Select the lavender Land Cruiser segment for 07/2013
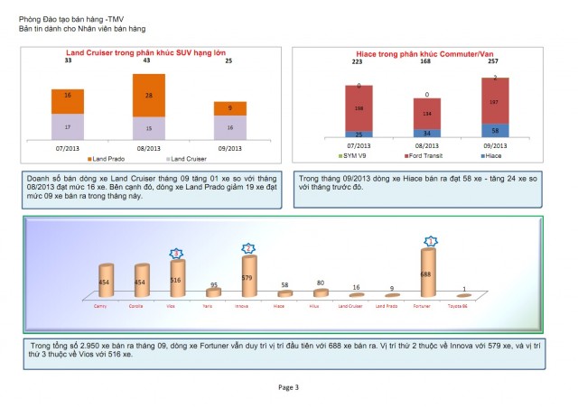(x=69, y=126)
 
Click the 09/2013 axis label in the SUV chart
(x=230, y=147)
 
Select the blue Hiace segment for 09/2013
(x=494, y=130)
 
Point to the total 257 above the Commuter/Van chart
(x=493, y=62)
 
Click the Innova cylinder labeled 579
(x=247, y=276)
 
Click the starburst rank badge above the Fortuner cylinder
(x=432, y=241)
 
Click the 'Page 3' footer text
(x=288, y=386)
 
